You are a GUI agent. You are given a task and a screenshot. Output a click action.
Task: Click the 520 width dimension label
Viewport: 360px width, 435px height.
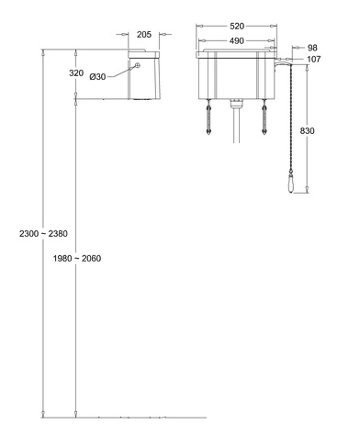coord(237,27)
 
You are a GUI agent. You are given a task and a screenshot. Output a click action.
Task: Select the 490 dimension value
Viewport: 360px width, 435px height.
coord(237,40)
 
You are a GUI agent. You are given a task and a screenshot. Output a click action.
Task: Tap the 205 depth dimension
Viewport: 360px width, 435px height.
coord(144,35)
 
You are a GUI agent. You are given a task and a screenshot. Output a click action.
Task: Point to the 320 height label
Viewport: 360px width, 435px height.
coord(76,73)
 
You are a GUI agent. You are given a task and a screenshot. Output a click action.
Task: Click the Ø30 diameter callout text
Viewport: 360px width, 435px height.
coord(97,77)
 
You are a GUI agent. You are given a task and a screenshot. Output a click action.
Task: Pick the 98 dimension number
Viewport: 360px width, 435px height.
coord(312,48)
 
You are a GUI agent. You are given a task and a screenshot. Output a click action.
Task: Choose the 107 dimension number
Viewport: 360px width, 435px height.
coord(313,59)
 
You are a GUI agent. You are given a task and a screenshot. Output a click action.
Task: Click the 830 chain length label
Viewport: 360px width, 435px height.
coord(307,131)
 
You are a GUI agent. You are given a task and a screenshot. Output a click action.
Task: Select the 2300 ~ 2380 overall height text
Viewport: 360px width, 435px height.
coord(43,234)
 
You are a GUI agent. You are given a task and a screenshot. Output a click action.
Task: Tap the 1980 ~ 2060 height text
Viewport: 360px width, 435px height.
coord(77,259)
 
